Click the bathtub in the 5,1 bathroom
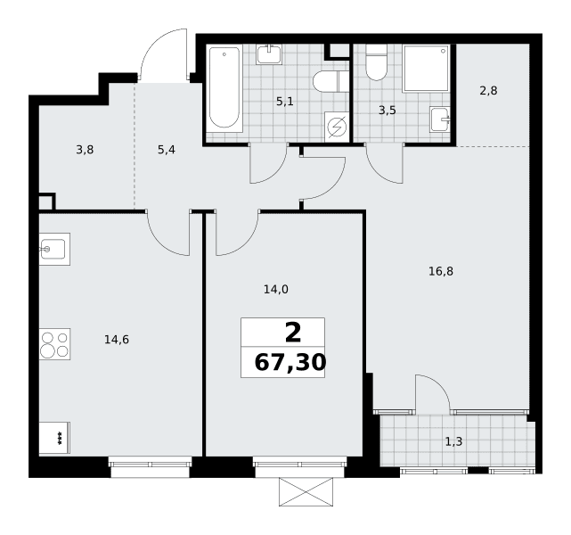224,88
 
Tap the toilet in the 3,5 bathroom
376,62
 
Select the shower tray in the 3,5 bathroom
426,69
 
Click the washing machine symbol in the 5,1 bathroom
337,127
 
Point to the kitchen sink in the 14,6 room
54,249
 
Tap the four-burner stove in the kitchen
54,344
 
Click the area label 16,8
441,271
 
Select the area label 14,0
276,290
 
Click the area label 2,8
488,90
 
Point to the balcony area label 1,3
453,441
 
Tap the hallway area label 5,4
167,150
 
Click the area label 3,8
85,150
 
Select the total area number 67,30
290,363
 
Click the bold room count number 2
293,333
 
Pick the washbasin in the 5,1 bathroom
268,54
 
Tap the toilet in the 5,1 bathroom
331,82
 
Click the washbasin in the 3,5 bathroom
440,119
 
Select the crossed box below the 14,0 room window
306,492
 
